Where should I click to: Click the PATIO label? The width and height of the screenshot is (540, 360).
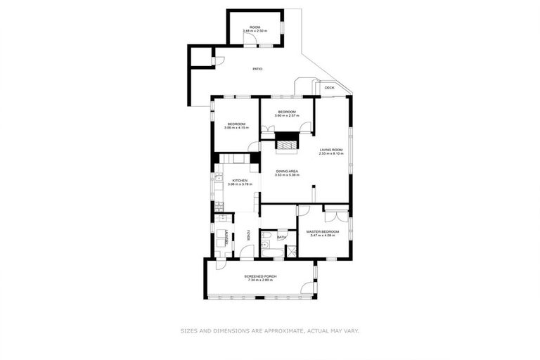257,69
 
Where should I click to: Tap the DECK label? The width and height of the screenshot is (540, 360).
329,87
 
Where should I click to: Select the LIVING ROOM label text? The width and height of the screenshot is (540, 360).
331,149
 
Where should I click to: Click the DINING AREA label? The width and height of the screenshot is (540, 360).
287,172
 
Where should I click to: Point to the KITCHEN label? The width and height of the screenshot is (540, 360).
240,181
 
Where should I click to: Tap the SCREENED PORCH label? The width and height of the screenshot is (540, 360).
260,276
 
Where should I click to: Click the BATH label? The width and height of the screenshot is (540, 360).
281,238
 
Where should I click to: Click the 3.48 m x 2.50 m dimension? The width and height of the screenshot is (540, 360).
255,31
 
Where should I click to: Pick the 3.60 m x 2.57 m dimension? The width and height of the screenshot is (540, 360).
286,116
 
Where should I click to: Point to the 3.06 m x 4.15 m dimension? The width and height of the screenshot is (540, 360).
236,128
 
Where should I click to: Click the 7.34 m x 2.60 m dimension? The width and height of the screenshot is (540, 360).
260,281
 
